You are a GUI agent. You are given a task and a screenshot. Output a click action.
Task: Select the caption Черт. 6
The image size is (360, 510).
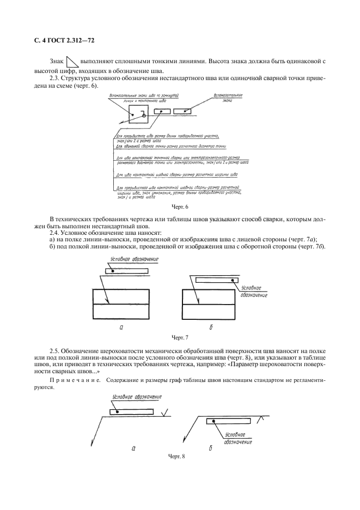click(179, 207)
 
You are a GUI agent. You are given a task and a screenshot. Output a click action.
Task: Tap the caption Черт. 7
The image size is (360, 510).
click(179, 338)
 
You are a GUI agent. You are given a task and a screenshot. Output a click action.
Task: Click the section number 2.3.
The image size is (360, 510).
click(56, 79)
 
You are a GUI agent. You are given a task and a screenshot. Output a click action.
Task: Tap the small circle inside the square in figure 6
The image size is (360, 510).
click(144, 115)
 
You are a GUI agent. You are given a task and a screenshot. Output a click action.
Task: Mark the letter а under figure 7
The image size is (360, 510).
click(121, 328)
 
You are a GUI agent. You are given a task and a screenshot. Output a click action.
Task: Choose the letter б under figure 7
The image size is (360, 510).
click(211, 328)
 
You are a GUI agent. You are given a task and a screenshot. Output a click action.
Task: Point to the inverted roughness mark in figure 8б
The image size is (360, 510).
click(261, 419)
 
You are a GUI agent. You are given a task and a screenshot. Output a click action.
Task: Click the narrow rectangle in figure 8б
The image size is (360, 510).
click(228, 421)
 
